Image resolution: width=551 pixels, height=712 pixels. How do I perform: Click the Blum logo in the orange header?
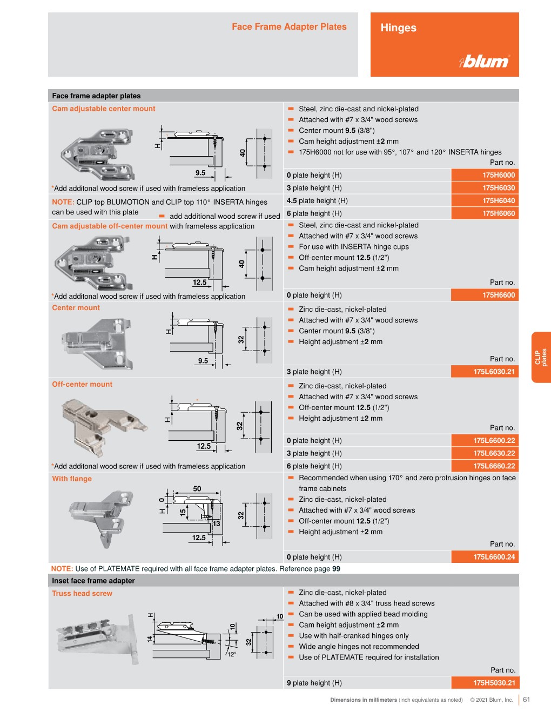[485, 61]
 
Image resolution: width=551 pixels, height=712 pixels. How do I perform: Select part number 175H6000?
[498, 175]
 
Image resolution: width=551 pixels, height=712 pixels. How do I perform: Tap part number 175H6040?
[498, 200]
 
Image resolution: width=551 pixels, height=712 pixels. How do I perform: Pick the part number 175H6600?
[498, 295]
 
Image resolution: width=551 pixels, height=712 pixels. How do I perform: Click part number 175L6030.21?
[494, 372]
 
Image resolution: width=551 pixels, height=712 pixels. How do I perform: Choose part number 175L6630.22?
[494, 453]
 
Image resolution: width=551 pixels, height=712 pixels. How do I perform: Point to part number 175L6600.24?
[494, 557]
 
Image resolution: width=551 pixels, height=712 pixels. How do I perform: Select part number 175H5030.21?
[494, 683]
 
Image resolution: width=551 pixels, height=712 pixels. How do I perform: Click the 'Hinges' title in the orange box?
[398, 28]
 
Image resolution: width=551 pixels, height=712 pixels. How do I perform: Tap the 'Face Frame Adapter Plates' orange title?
[289, 26]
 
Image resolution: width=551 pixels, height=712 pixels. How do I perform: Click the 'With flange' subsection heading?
[72, 479]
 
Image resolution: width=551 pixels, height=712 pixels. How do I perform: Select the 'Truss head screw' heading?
[82, 593]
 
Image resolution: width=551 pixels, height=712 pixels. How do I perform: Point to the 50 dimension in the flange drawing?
[197, 488]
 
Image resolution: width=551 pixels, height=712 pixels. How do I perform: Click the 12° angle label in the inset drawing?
[232, 654]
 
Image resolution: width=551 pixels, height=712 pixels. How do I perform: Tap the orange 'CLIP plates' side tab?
[541, 357]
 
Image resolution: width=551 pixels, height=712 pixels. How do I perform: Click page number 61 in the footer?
[527, 699]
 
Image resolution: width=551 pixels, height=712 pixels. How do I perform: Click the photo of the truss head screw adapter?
[97, 639]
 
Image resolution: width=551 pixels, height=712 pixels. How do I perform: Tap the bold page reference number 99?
[336, 569]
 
